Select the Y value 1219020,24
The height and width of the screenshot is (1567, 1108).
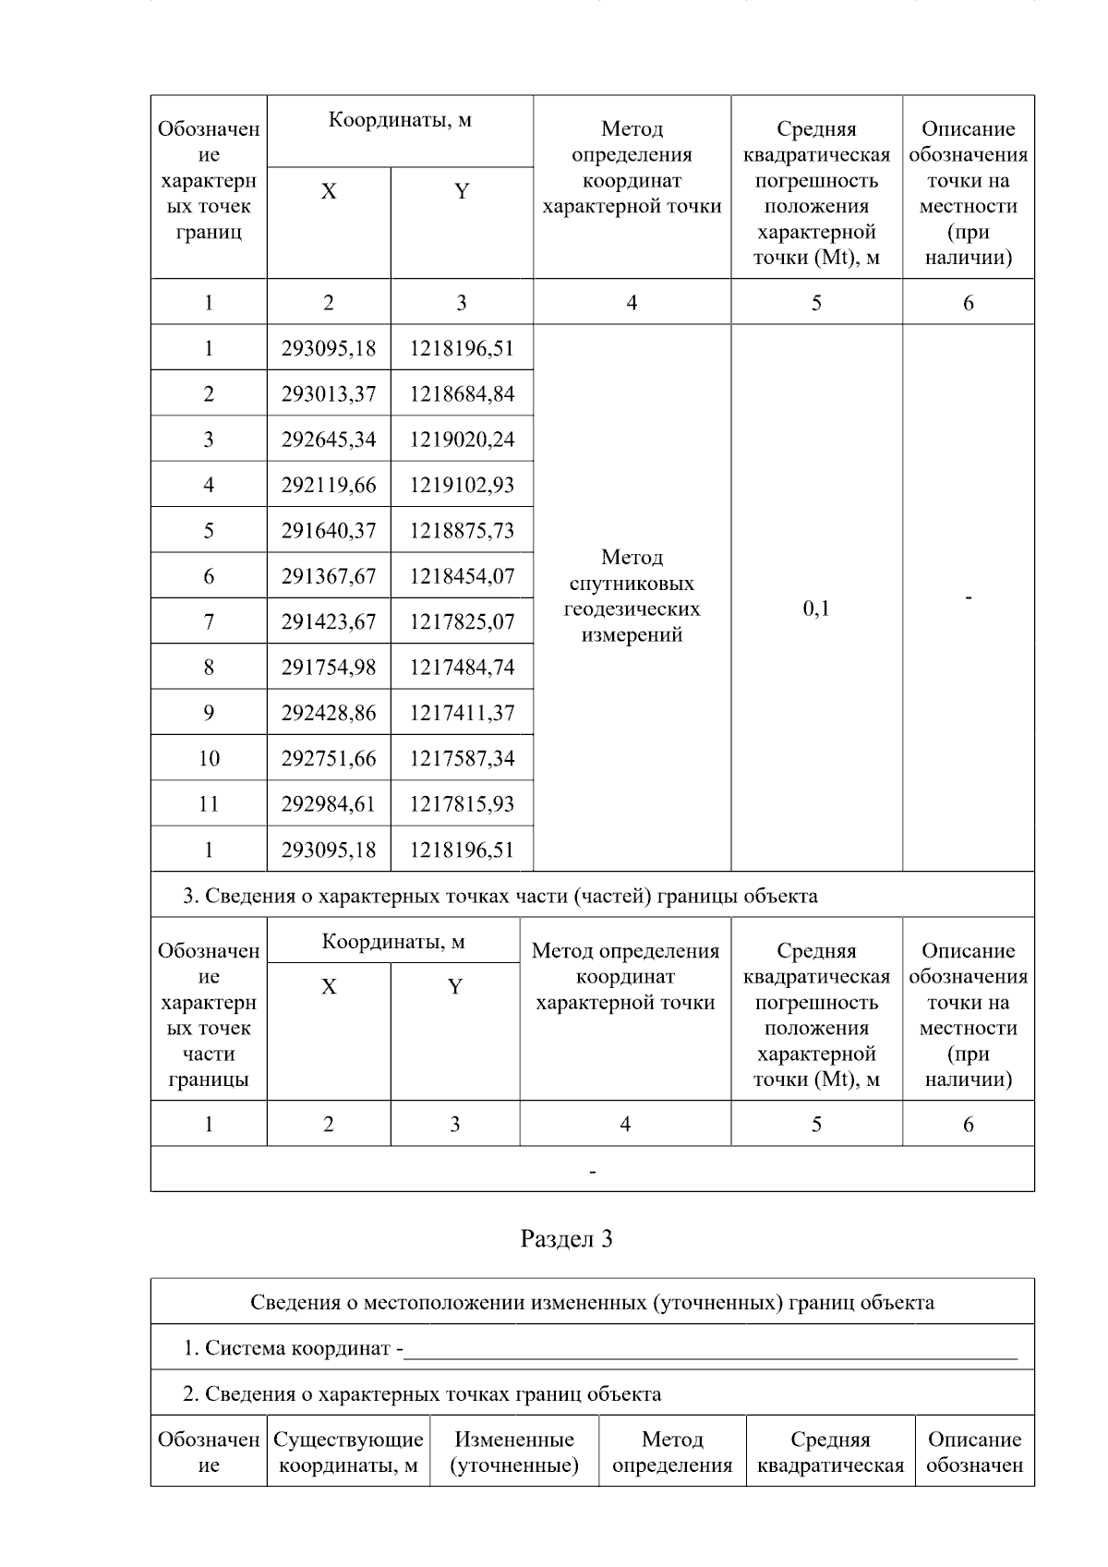[x=462, y=440]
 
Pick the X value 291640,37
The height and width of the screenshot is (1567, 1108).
[x=329, y=531]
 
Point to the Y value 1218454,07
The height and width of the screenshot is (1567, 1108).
[x=462, y=576]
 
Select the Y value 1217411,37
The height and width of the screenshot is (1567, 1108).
[x=462, y=713]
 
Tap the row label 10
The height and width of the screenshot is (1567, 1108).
[x=209, y=759]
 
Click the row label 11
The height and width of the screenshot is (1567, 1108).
[x=209, y=804]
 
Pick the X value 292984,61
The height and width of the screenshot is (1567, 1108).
[x=329, y=804]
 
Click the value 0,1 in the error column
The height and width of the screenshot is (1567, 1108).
[x=816, y=608]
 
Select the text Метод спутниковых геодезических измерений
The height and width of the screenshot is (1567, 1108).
[x=632, y=596]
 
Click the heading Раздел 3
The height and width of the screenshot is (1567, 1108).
[x=566, y=1239]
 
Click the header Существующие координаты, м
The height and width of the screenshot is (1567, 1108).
[x=348, y=1452]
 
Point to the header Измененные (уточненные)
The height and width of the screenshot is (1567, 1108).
[x=514, y=1452]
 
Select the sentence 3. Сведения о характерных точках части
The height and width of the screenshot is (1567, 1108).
[x=500, y=896]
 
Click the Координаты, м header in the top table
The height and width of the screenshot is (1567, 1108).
[x=400, y=120]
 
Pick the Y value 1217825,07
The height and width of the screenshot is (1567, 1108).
[x=462, y=622]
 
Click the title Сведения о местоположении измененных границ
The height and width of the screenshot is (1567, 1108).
[x=592, y=1303]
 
